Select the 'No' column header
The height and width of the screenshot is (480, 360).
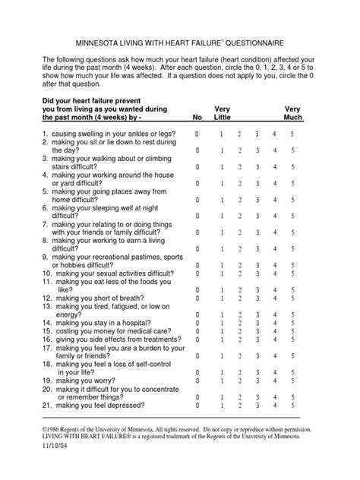(x=197, y=118)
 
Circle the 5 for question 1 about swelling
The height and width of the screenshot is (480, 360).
(x=293, y=134)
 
